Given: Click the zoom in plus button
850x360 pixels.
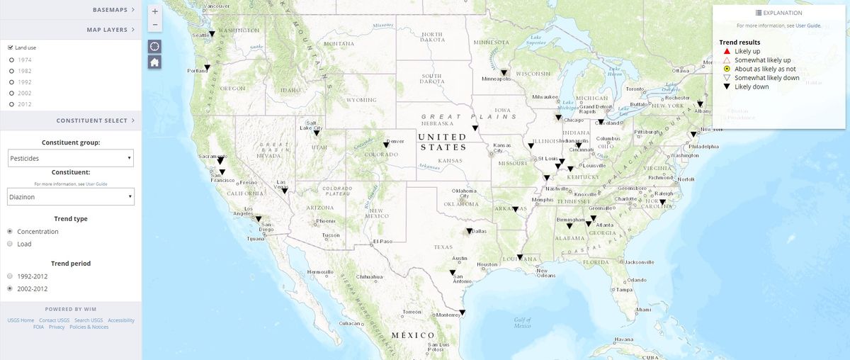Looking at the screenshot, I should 155,11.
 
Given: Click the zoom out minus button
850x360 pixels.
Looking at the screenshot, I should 155,25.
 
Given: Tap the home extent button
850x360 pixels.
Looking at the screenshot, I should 155,62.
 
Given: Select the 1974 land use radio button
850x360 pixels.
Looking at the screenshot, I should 11,60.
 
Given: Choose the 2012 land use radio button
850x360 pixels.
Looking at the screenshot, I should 11,104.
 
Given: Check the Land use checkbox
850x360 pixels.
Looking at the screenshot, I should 10,47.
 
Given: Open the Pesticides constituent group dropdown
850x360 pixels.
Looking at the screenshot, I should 71,159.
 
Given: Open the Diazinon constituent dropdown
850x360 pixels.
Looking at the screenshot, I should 71,196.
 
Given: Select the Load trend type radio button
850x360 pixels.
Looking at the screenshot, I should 10,244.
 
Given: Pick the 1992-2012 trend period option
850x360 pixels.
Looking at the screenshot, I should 10,276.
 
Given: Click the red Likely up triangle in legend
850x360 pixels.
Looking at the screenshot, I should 727,52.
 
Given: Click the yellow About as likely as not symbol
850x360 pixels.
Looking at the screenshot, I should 727,69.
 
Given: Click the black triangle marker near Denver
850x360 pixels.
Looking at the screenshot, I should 386,145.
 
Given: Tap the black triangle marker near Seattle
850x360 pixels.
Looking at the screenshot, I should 212,34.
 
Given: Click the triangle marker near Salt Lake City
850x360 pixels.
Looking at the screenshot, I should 317,133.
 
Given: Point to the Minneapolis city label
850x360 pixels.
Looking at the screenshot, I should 496,79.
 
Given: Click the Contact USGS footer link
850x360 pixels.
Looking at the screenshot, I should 54,320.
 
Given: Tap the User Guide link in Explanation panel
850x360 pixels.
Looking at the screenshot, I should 808,26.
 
